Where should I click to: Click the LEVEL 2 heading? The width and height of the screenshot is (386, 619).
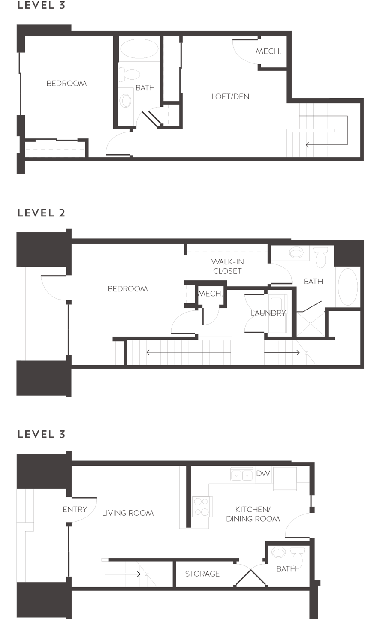[41, 213]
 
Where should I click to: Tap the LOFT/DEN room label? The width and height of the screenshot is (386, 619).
[230, 96]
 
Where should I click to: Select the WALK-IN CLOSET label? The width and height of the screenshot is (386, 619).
[227, 266]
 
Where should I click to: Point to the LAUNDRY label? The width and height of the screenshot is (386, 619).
[268, 313]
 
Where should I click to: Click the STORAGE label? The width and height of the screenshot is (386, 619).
[202, 574]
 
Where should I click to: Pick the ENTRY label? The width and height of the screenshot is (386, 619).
[75, 509]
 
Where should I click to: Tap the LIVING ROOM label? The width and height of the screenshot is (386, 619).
[128, 513]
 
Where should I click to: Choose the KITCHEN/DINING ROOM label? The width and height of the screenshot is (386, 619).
[253, 514]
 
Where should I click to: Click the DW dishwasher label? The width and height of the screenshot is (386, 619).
[263, 473]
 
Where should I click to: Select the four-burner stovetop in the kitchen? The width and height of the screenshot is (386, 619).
[202, 506]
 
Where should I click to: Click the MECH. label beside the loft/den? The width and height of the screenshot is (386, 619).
[268, 51]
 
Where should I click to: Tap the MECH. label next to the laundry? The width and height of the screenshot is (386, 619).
[211, 294]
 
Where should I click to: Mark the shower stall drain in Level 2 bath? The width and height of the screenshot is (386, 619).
[311, 324]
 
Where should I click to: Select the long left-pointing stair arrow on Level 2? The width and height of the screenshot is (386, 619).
[188, 352]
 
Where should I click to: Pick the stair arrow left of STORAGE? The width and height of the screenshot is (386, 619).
[123, 574]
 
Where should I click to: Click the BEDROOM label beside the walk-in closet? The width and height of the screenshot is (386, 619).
[127, 289]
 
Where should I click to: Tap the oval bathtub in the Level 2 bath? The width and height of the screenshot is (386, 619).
[347, 286]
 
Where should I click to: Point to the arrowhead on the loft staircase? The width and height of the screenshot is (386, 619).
[307, 144]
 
